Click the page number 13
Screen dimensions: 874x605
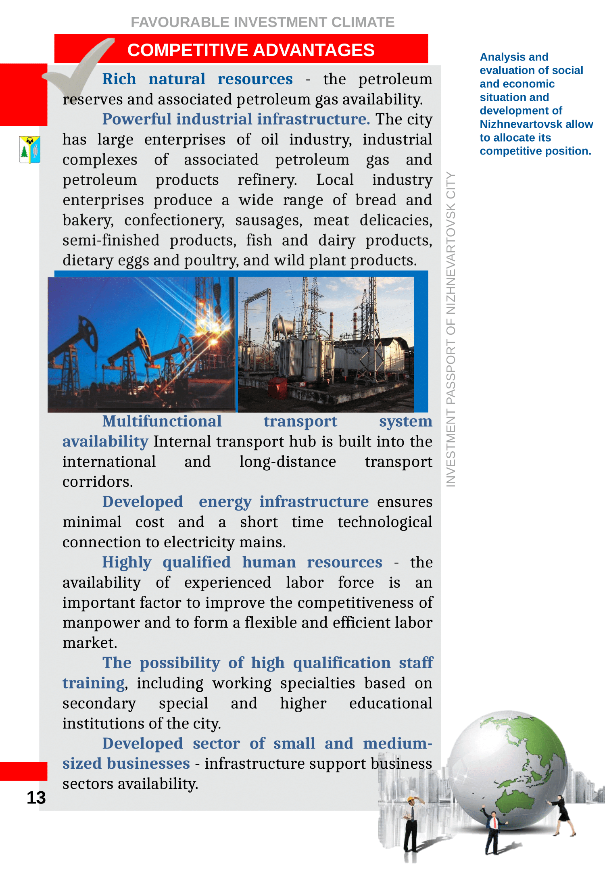click(36, 798)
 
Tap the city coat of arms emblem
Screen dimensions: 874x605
click(30, 150)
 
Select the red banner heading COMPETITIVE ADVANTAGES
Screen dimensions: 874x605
click(251, 50)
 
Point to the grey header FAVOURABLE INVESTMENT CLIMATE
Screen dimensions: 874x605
click(263, 22)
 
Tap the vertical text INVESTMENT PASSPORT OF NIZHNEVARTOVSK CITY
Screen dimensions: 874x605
click(451, 329)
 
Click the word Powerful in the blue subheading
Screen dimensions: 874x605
click(137, 119)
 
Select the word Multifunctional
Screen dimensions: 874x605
click(162, 421)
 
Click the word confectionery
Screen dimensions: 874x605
click(174, 220)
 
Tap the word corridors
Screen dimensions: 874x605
click(98, 482)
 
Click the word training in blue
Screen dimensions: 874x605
click(93, 683)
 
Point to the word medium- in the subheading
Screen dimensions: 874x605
click(397, 744)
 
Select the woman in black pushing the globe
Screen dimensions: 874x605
click(563, 815)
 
